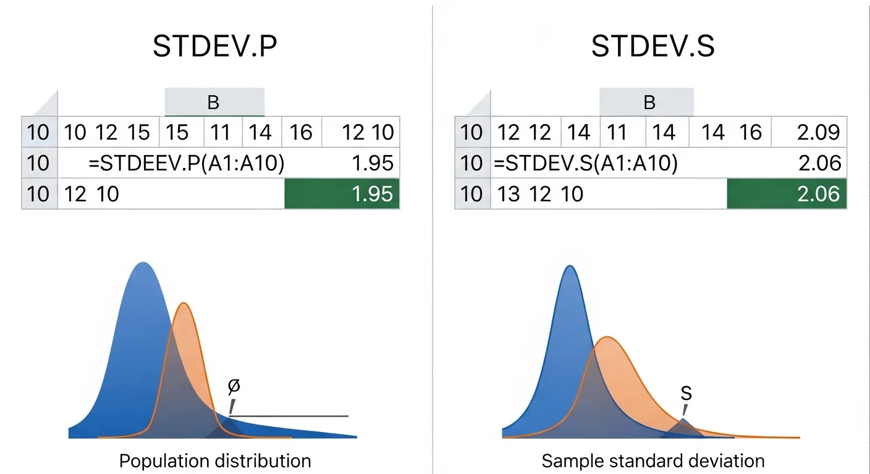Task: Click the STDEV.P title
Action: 214,47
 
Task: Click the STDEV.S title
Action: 652,47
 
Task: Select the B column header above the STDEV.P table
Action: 214,102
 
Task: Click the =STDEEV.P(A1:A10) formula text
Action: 186,163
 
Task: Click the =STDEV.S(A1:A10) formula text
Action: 585,163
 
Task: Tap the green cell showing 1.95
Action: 342,194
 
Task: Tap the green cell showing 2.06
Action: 787,194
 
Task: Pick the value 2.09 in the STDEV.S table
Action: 818,132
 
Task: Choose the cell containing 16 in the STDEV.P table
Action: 301,132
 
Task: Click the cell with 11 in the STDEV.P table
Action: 221,132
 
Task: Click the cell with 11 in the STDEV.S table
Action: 617,132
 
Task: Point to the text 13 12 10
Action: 540,194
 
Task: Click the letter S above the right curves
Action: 686,394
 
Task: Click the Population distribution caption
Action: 214,460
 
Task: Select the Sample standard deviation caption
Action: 652,460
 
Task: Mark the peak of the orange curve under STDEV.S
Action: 609,338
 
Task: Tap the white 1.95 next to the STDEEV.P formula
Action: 372,163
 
